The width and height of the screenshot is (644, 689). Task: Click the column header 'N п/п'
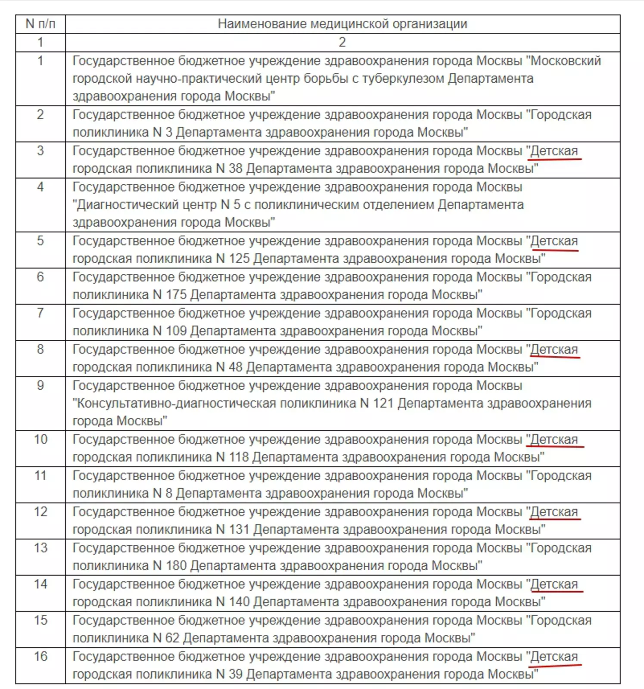(x=40, y=24)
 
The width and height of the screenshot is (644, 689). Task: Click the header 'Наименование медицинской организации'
(x=342, y=24)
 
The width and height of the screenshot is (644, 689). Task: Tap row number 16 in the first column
(x=40, y=656)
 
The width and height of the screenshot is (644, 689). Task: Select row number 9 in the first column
(x=40, y=385)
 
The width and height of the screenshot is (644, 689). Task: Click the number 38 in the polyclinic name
(x=236, y=168)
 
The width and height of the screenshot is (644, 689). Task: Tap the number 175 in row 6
(x=176, y=295)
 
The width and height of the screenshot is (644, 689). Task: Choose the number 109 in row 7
(x=176, y=331)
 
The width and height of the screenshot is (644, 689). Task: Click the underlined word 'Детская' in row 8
(x=554, y=350)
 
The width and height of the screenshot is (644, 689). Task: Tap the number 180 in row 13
(x=176, y=566)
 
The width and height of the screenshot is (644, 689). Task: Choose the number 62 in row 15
(x=172, y=638)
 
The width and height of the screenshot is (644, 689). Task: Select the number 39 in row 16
(x=236, y=674)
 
